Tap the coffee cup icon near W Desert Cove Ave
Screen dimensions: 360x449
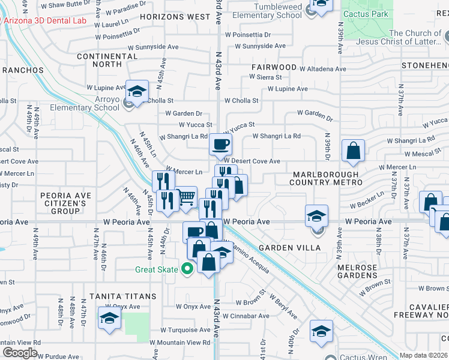[220, 144]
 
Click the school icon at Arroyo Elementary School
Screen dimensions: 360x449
[137, 92]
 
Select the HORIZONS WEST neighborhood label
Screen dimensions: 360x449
[176, 17]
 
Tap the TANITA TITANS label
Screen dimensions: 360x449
[123, 296]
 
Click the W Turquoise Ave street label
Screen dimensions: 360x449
[184, 330]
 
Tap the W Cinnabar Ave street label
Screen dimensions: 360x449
[244, 316]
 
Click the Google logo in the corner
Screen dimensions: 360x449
[20, 353]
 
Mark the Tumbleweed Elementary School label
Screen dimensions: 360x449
[269, 11]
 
